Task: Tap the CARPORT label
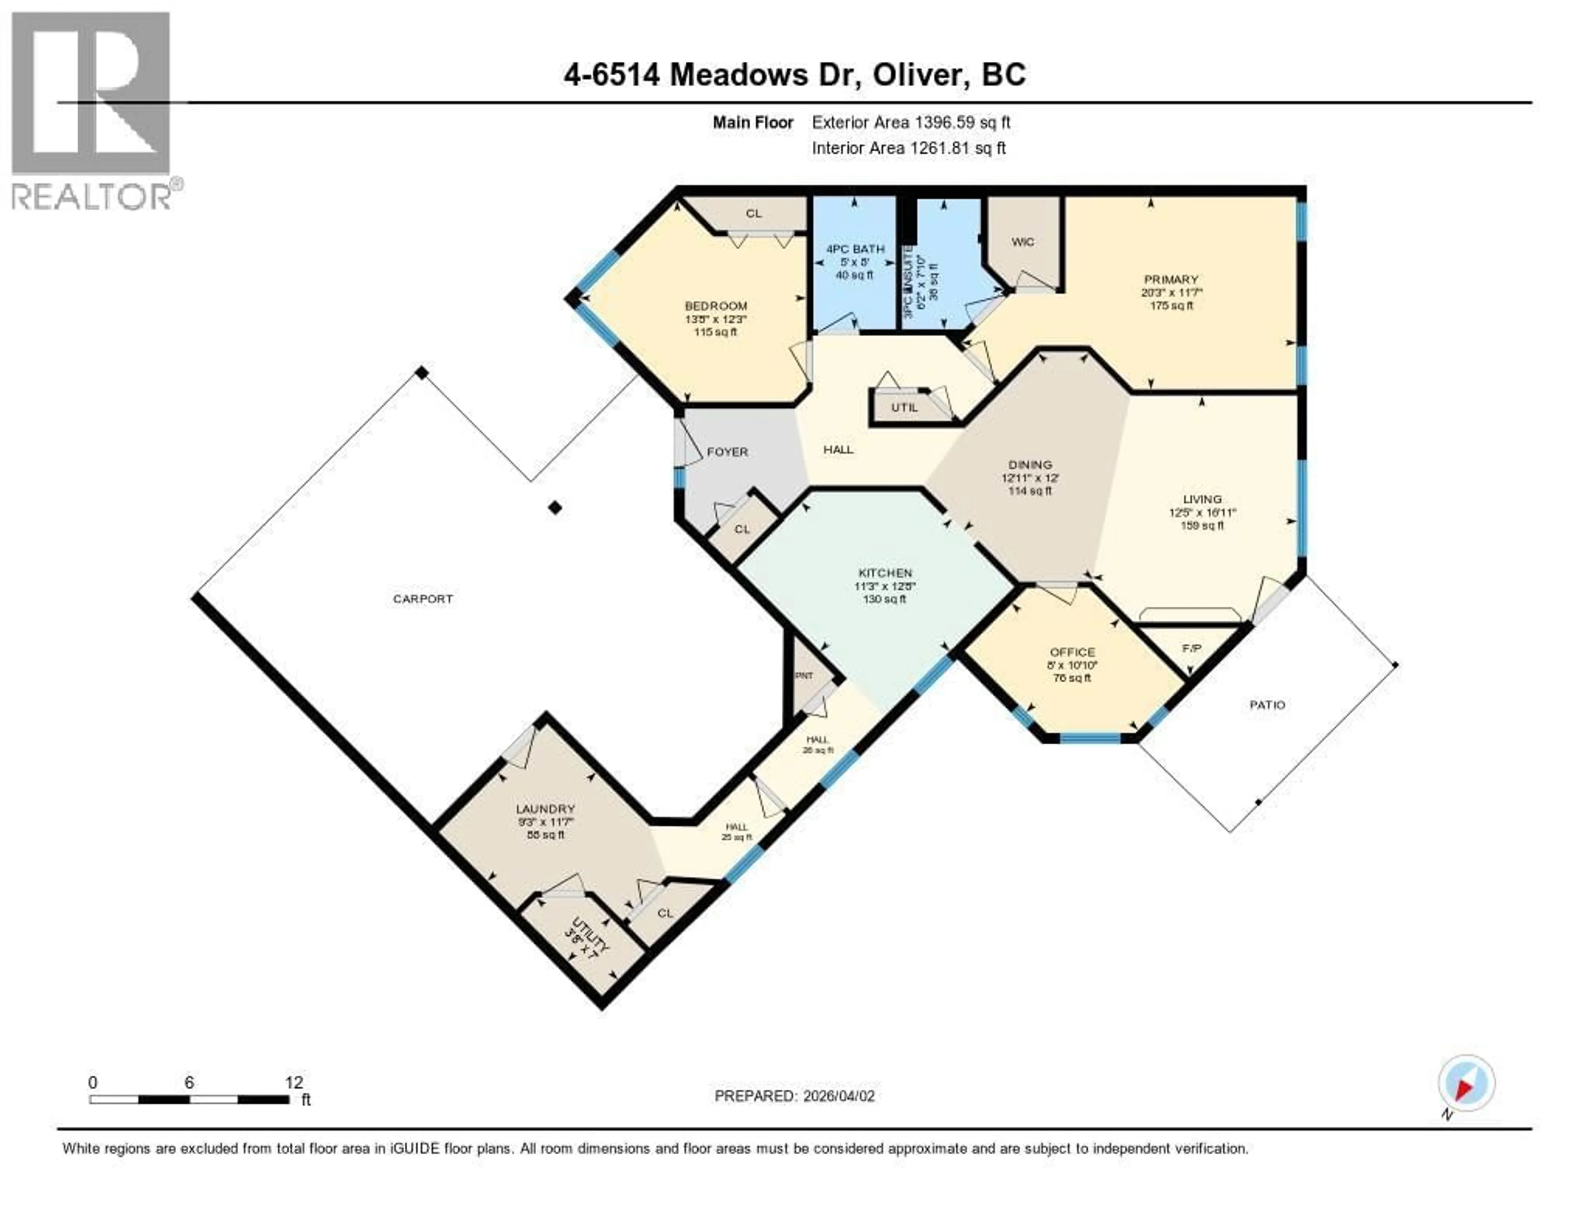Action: coord(423,599)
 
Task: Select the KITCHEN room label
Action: coord(885,573)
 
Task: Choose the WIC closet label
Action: coord(1022,242)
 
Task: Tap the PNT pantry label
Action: coord(804,676)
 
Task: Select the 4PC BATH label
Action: coord(855,249)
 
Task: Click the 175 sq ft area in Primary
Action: coord(1171,306)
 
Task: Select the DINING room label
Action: coord(1030,465)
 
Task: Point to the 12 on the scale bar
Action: coord(294,1082)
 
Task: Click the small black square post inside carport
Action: coord(555,507)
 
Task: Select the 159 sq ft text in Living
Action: coord(1202,525)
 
